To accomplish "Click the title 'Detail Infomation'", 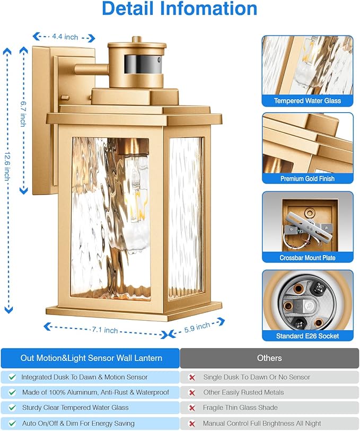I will (180, 9).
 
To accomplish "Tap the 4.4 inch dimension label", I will (65, 37).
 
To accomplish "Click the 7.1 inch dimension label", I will (104, 330).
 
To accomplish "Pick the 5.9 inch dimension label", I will (197, 328).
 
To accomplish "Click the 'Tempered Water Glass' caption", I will (308, 101).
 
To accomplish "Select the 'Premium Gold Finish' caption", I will (308, 179).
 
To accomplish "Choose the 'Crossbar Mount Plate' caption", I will (308, 258).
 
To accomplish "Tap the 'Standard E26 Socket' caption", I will (308, 336).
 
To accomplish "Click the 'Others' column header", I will (269, 358).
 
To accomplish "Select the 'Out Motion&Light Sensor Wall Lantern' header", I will (91, 358).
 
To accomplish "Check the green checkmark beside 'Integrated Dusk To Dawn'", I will (12, 377).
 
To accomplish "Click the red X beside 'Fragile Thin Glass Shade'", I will (192, 408).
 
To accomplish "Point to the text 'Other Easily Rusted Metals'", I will (243, 392).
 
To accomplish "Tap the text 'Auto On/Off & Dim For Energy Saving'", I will (78, 424).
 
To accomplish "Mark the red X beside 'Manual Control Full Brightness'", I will (192, 424).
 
